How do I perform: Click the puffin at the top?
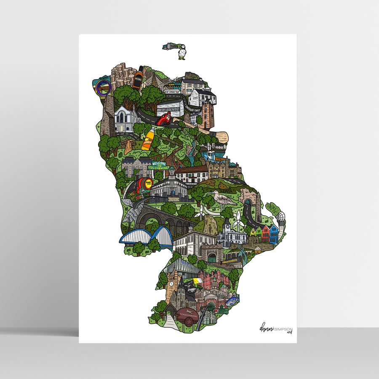click(x=181, y=53)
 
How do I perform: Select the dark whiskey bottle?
click(x=138, y=78)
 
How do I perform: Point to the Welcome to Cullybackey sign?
click(x=160, y=165)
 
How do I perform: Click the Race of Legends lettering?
click(x=168, y=109)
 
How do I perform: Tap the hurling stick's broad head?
click(x=221, y=137)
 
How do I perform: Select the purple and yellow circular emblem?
click(x=103, y=88)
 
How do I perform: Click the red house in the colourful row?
click(x=265, y=233)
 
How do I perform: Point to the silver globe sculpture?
click(x=280, y=217)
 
